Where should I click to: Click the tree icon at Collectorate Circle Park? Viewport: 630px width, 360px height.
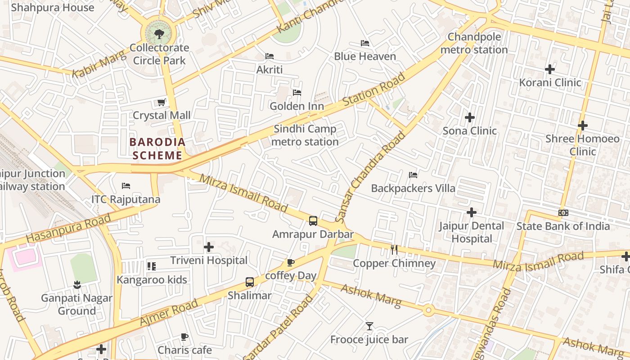pyautogui.click(x=159, y=34)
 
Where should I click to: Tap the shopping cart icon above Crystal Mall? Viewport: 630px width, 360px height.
pyautogui.click(x=161, y=103)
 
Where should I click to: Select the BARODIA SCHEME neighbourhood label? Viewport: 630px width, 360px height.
pyautogui.click(x=157, y=149)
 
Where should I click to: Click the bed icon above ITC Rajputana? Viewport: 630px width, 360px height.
pyautogui.click(x=126, y=186)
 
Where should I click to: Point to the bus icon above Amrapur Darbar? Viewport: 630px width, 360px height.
pyautogui.click(x=313, y=221)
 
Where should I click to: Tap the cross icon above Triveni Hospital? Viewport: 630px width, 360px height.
pyautogui.click(x=209, y=247)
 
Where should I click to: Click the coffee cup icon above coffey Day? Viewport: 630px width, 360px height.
pyautogui.click(x=291, y=262)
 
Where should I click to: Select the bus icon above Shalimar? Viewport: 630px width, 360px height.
pyautogui.click(x=250, y=282)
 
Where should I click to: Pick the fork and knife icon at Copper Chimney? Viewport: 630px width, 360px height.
pyautogui.click(x=394, y=250)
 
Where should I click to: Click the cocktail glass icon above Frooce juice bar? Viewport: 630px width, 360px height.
pyautogui.click(x=369, y=326)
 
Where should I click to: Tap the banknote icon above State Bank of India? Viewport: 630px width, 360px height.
pyautogui.click(x=563, y=213)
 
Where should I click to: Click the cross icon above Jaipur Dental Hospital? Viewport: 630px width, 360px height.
pyautogui.click(x=472, y=212)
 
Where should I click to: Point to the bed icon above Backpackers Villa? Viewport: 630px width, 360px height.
pyautogui.click(x=413, y=175)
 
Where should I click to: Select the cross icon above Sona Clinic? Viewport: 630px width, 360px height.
pyautogui.click(x=470, y=117)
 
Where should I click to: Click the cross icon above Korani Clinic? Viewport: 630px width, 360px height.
pyautogui.click(x=549, y=69)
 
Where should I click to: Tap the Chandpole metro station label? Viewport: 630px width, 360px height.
pyautogui.click(x=474, y=43)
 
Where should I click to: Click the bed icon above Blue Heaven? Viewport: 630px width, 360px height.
pyautogui.click(x=365, y=43)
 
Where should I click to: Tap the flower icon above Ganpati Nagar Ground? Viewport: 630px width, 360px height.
pyautogui.click(x=77, y=284)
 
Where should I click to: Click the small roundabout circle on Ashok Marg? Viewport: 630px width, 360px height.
pyautogui.click(x=428, y=310)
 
